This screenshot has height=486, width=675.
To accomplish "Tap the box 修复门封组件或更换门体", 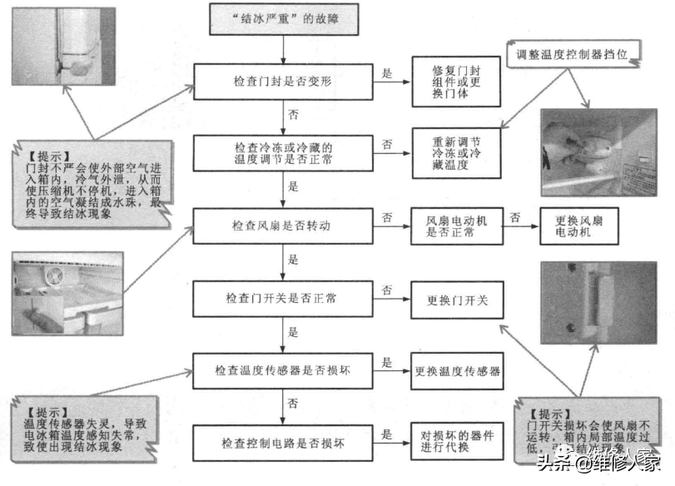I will click(456, 81).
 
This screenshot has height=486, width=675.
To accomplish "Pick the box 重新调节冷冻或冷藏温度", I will click(456, 153).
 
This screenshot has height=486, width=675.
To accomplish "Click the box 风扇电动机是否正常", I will click(456, 226).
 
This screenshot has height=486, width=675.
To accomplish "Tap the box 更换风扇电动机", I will click(578, 226).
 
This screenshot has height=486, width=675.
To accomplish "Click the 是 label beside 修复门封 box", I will click(386, 73).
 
